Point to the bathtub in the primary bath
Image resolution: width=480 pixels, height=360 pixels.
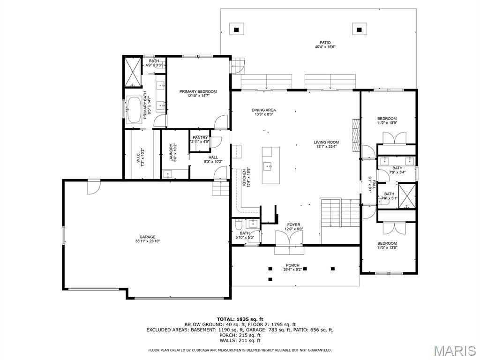(134, 110)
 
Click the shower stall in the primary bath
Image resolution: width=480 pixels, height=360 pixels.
(133, 72)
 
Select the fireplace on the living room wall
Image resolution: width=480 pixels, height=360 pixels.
(355, 135)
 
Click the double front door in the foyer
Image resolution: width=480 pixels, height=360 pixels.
(289, 238)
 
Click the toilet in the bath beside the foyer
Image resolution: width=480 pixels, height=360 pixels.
(239, 225)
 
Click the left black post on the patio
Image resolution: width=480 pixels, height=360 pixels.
(236, 30)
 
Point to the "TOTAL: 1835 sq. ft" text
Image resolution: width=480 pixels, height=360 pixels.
(240, 319)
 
